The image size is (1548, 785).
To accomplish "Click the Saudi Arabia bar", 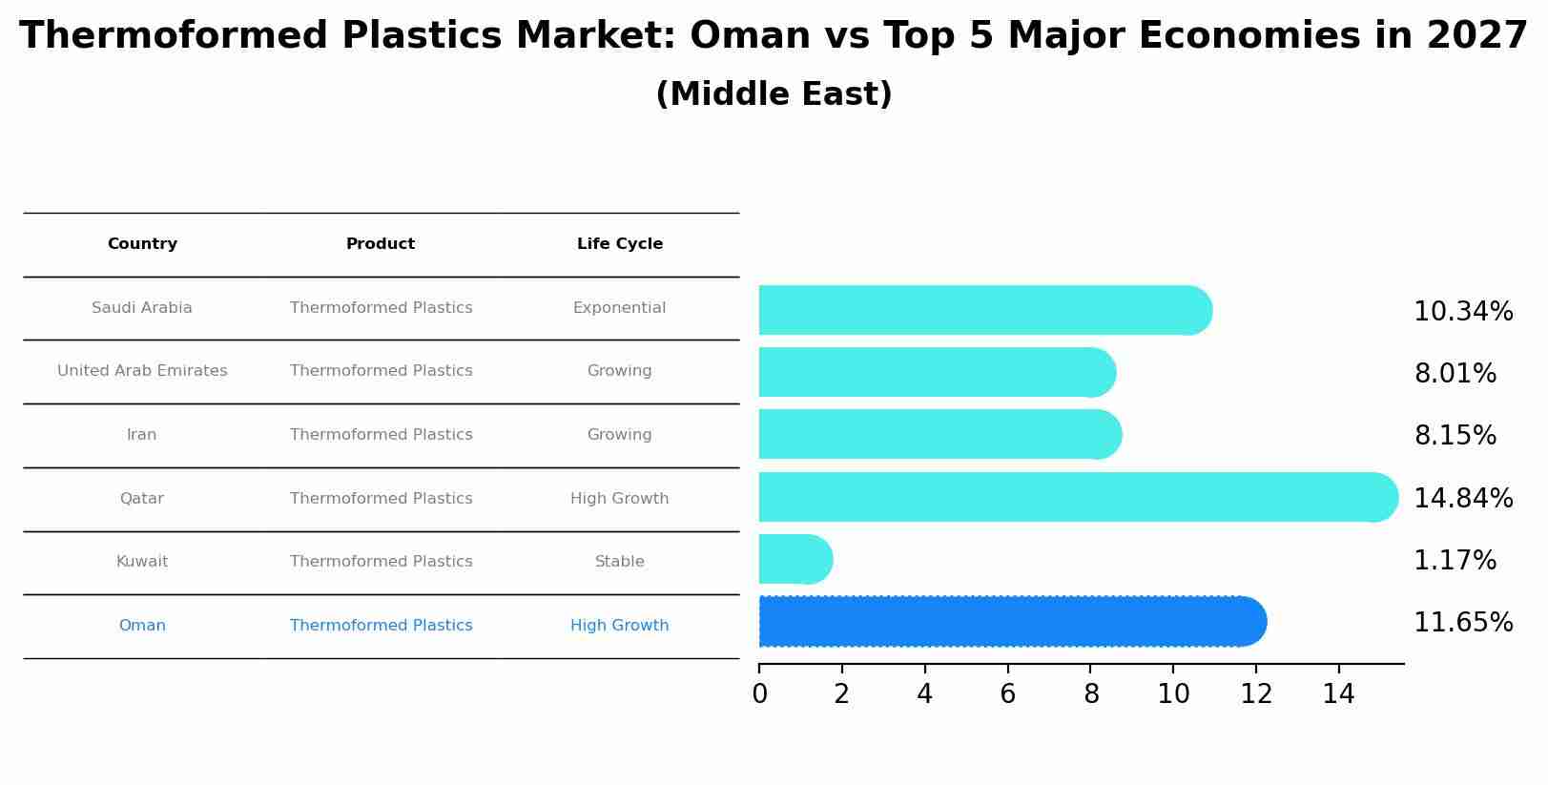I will click(x=982, y=310).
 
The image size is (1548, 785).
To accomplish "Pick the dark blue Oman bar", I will click(x=1011, y=621).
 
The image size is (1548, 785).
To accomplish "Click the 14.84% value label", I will click(x=1463, y=498).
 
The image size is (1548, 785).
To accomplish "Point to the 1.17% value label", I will click(x=1455, y=561).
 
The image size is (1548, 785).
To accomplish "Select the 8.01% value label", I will click(x=1455, y=373).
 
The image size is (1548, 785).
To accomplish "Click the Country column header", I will click(x=142, y=244).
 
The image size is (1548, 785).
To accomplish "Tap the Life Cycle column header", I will click(x=619, y=244).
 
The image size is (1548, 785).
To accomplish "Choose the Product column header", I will click(x=380, y=244).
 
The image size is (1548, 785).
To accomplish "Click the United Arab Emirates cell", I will click(x=142, y=371).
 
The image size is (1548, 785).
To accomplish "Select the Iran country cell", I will click(x=141, y=435).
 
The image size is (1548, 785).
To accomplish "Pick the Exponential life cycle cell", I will click(x=619, y=308).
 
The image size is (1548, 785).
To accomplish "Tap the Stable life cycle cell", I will click(x=619, y=562).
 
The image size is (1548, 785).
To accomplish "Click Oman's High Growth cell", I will click(x=619, y=626).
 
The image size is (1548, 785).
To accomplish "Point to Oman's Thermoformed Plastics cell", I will click(x=381, y=626).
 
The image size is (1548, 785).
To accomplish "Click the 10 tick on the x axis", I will click(x=1173, y=694).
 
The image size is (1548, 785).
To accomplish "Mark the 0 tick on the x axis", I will click(x=759, y=694).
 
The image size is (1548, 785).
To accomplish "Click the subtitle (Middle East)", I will click(x=774, y=94).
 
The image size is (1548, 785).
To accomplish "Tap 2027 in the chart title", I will click(x=1477, y=36).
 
